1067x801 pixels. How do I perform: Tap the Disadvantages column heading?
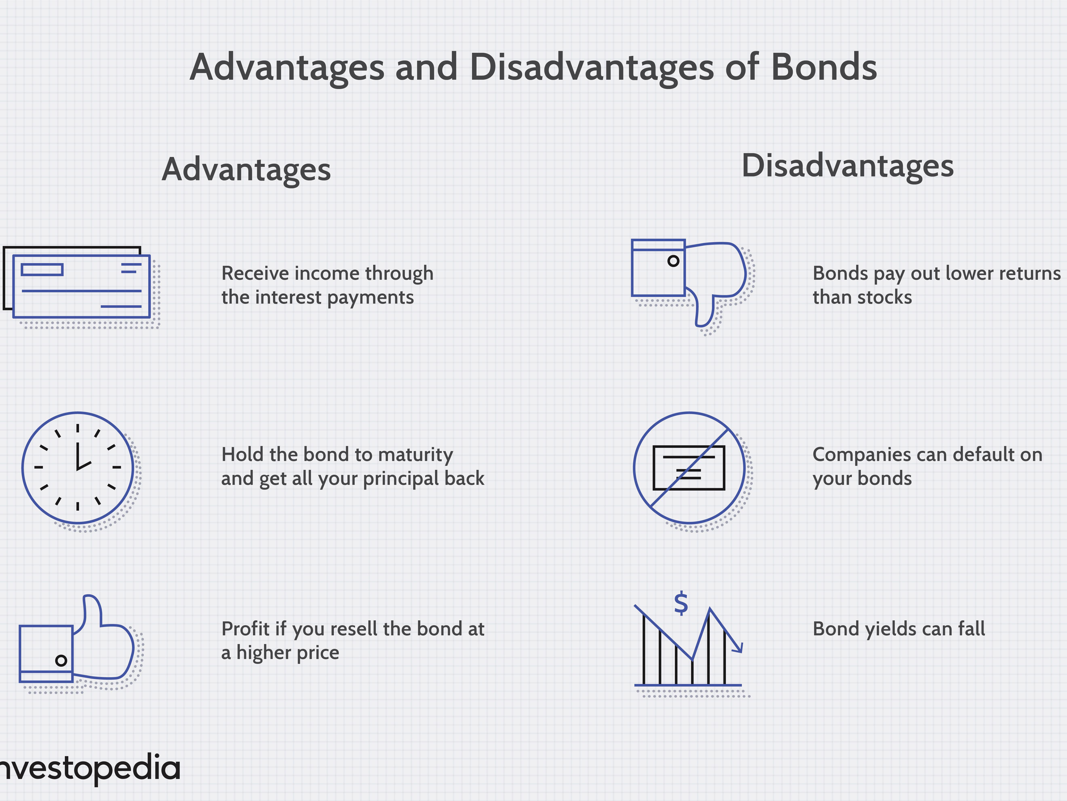[x=848, y=166]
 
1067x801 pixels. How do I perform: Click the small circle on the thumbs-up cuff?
[x=61, y=660]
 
